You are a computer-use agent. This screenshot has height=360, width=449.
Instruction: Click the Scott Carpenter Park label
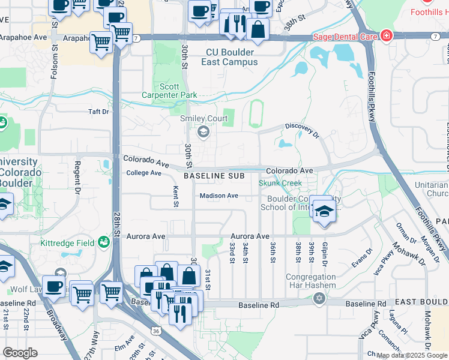(161, 91)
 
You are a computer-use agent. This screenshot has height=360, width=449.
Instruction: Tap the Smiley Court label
(204, 118)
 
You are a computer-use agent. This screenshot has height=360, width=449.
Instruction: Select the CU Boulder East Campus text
(231, 57)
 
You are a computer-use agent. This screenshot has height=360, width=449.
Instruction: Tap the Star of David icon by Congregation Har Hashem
(319, 298)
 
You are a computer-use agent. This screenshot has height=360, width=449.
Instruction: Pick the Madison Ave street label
(219, 196)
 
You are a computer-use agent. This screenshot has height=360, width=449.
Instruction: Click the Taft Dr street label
(99, 112)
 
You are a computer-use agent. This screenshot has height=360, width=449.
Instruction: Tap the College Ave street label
(144, 173)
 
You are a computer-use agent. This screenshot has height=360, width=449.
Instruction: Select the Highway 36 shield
(156, 331)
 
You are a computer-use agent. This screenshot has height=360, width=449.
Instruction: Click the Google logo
(20, 353)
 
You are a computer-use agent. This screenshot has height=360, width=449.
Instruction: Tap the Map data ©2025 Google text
(411, 355)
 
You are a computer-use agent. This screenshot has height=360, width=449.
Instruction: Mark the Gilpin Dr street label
(325, 252)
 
